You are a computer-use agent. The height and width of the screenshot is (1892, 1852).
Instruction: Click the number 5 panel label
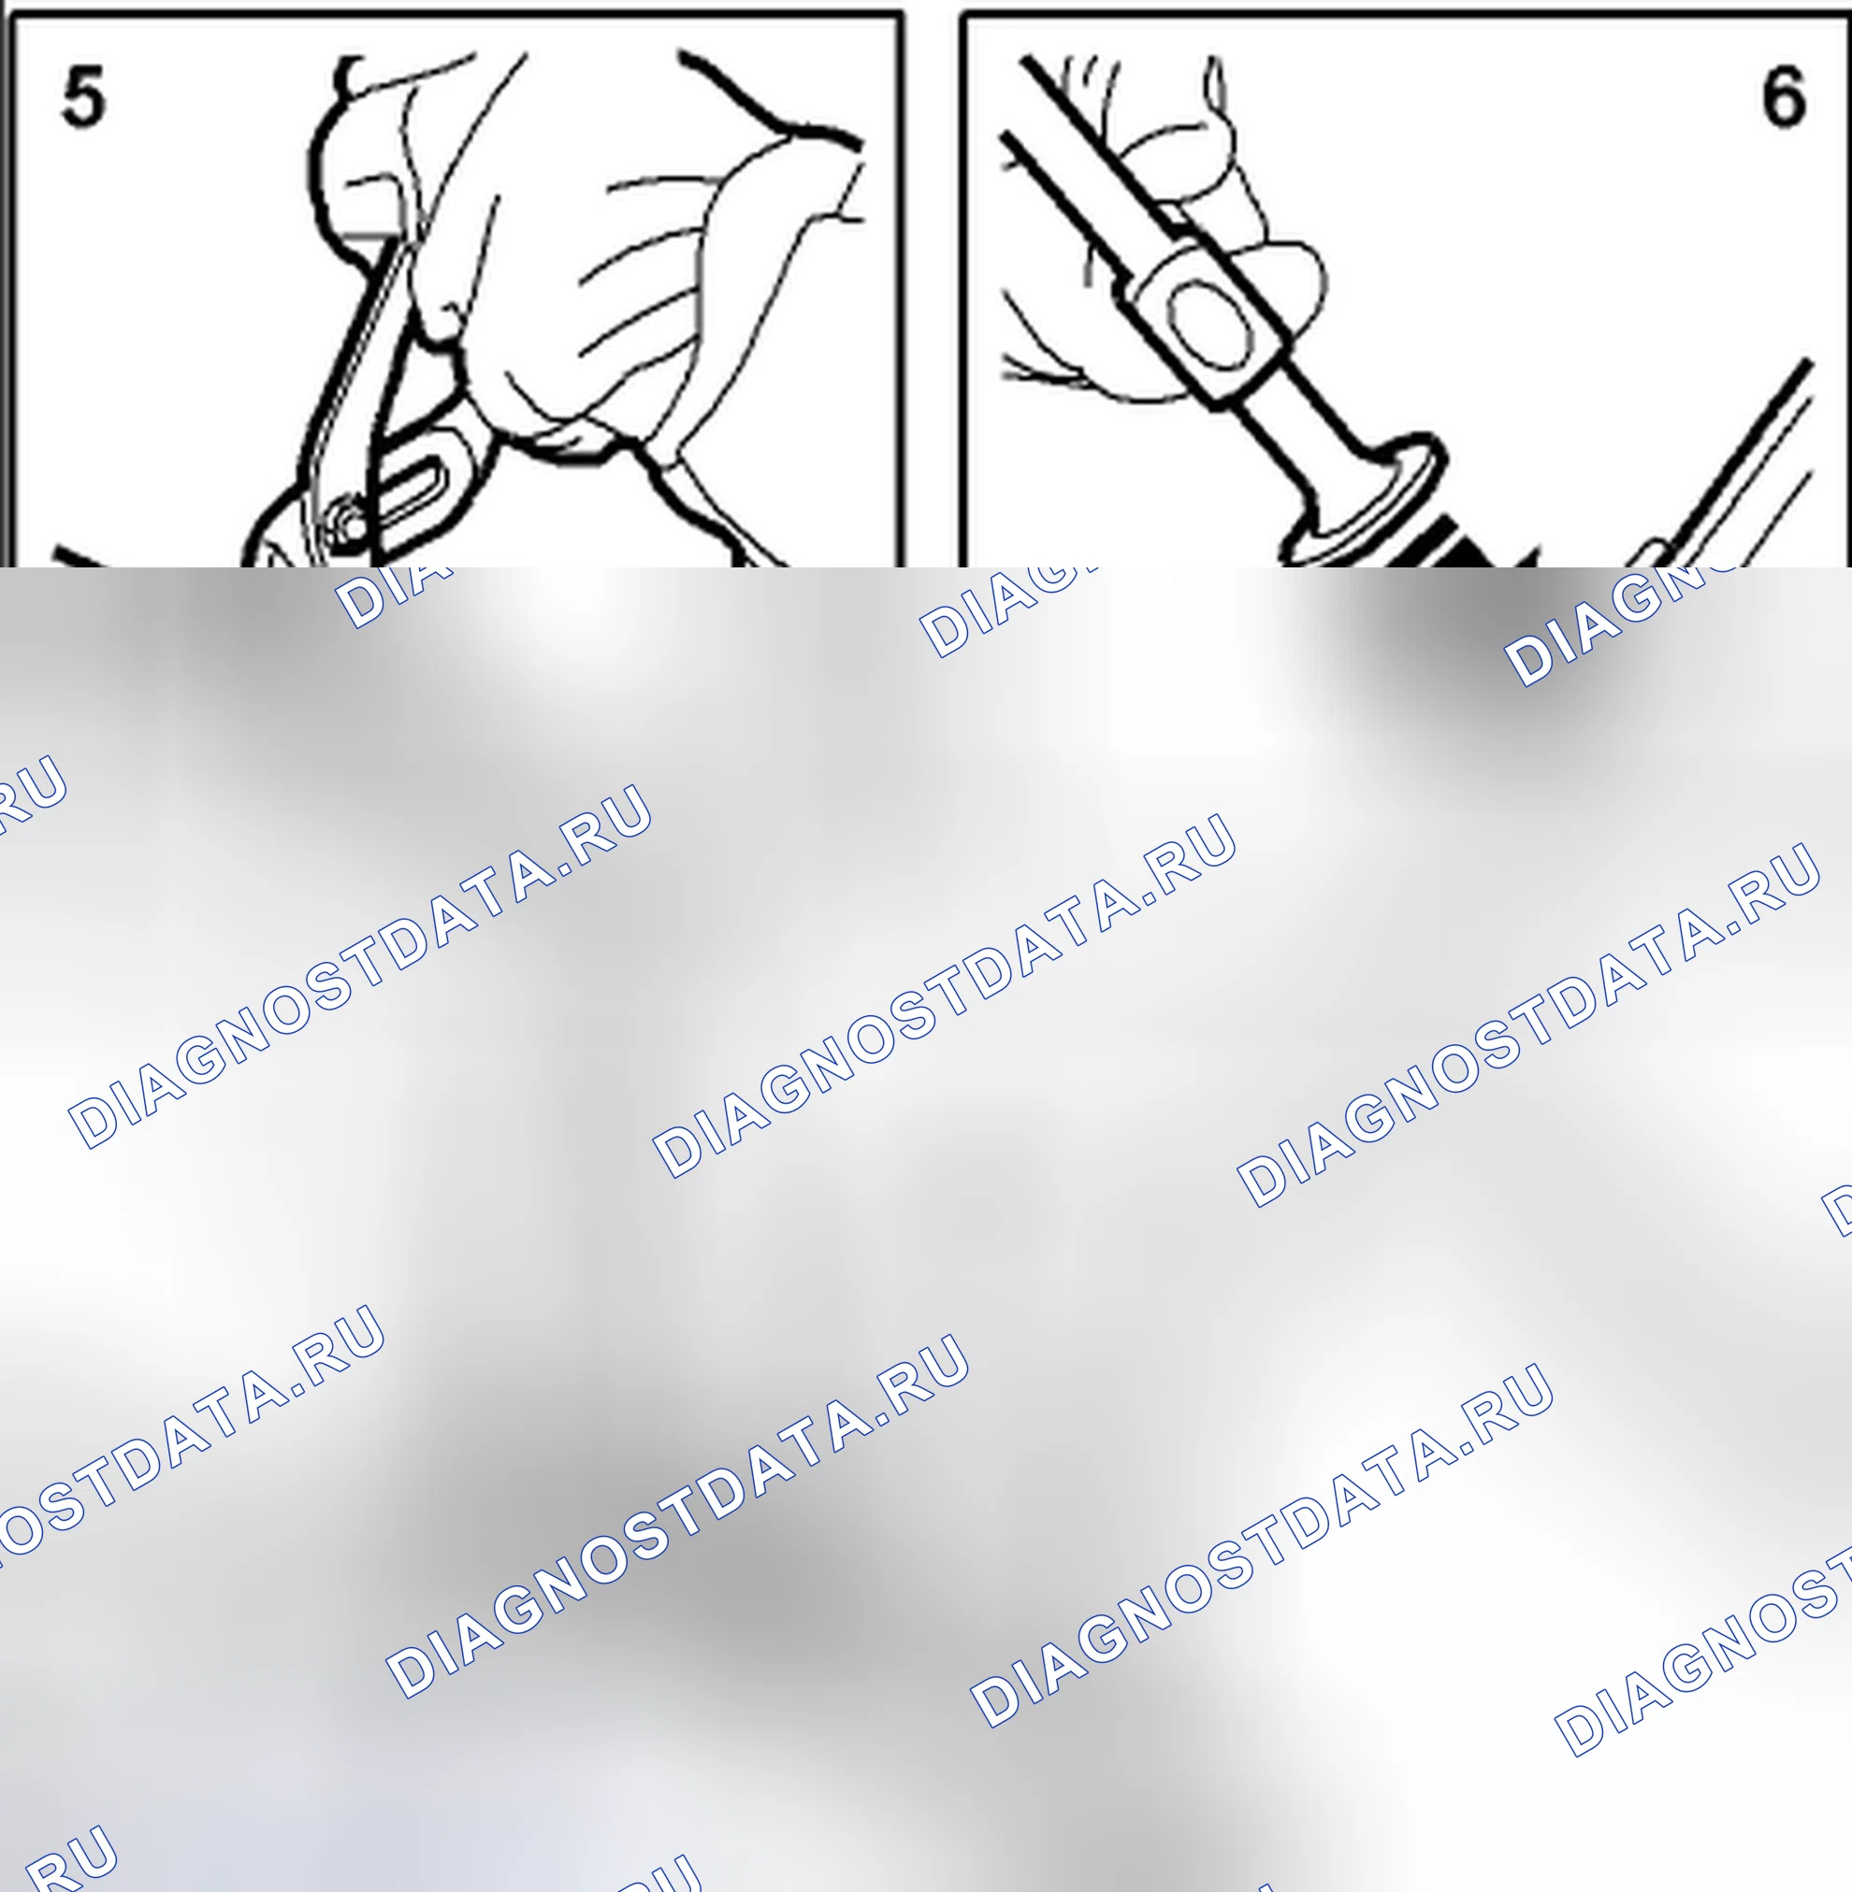tap(82, 96)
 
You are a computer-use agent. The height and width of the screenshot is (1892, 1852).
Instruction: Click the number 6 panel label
tap(1784, 96)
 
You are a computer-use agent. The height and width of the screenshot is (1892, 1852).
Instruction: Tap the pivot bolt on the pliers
tap(348, 523)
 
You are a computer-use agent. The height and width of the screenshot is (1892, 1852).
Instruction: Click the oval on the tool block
tap(1209, 324)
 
